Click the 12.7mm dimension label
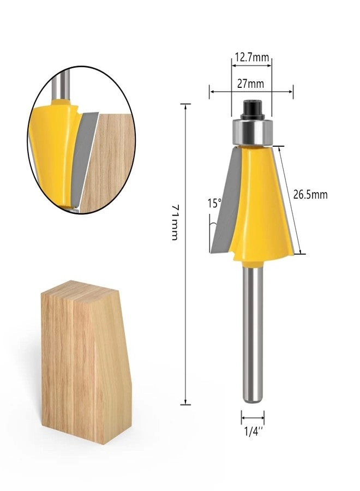(251, 56)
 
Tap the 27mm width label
(251, 83)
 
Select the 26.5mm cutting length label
(310, 195)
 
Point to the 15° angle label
(214, 203)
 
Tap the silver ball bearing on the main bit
(251, 132)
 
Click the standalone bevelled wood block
(82, 360)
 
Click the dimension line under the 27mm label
(251, 92)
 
